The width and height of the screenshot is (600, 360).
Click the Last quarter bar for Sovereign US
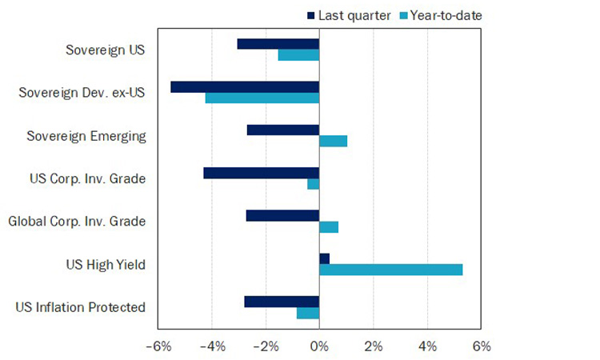coord(278,44)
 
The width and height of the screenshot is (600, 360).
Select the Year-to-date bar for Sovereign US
coord(298,55)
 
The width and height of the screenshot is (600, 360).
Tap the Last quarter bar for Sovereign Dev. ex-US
coord(245,87)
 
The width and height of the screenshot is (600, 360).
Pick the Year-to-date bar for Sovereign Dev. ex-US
coord(262,98)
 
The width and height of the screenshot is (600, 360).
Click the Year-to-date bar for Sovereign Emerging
coord(333,141)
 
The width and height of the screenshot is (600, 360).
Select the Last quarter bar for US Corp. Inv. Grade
coord(261,173)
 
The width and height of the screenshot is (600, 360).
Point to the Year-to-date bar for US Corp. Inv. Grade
coord(313,184)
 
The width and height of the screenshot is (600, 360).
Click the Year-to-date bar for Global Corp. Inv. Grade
coord(329,227)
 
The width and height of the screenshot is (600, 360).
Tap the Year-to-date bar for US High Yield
coord(390,270)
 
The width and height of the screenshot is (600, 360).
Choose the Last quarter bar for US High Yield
coord(324,258)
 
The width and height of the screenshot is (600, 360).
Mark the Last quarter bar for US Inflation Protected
coord(282,302)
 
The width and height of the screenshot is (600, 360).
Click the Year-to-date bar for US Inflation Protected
coord(308,313)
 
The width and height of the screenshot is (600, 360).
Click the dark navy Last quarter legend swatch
coord(311,15)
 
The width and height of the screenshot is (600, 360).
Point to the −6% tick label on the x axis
coord(158,346)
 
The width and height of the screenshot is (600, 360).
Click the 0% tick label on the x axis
coord(319,346)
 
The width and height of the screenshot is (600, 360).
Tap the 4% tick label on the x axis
coord(426,346)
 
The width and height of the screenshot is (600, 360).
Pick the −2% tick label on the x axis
coord(265,346)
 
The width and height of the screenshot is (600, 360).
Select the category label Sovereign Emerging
coord(86,135)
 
